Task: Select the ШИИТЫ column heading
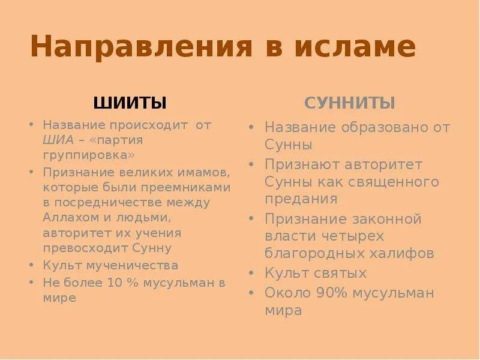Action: click(130, 103)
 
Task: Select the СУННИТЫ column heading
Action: click(350, 103)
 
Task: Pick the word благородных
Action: click(310, 253)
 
